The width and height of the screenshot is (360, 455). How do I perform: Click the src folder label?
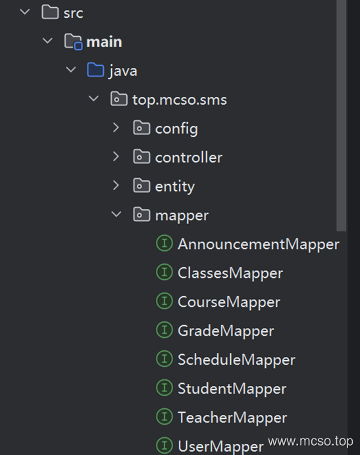point(73,13)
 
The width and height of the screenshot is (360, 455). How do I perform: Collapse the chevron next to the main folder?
point(47,41)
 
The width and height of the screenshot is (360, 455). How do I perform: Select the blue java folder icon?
point(95,70)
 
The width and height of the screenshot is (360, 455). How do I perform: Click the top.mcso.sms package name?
point(180,100)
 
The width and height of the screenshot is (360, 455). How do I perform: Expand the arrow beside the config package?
point(116,127)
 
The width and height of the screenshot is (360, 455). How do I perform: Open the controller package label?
point(189,157)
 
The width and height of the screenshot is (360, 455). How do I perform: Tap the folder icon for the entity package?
point(141,186)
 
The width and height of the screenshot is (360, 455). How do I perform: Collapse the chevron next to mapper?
point(116,214)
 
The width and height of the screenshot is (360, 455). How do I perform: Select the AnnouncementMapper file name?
point(258,244)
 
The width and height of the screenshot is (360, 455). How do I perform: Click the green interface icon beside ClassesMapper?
point(165,272)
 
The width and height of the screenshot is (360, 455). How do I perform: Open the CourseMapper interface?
point(229,302)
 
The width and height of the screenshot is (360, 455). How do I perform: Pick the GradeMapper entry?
point(226,331)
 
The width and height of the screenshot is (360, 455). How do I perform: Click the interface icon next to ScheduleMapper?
point(165,359)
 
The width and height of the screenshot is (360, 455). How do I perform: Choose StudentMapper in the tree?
point(232,389)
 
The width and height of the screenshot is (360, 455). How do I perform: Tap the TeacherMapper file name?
point(232,418)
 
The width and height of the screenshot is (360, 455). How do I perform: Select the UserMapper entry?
point(220,446)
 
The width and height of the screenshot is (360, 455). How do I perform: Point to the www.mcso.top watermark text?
point(311,442)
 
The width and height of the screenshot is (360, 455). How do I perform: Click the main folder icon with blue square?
point(73,41)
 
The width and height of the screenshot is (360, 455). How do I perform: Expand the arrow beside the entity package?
point(116,185)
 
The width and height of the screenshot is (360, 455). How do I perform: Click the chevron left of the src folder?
point(25,12)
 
